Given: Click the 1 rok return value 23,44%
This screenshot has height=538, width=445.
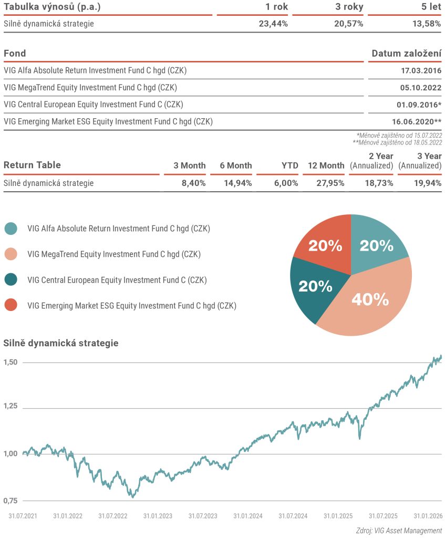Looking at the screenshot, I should (x=273, y=24).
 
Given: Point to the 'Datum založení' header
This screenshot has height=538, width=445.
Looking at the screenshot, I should (x=406, y=53).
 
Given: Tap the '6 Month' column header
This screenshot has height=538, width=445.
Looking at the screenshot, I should (x=236, y=165).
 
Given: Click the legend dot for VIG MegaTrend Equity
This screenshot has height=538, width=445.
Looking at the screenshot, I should (x=11, y=254).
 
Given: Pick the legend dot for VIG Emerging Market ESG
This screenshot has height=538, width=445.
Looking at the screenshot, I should (x=11, y=305).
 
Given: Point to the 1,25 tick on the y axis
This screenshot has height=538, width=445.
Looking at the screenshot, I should (x=11, y=406).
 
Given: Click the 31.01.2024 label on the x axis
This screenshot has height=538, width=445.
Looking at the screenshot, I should (x=248, y=516).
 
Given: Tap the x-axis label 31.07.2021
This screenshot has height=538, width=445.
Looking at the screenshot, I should (x=23, y=516).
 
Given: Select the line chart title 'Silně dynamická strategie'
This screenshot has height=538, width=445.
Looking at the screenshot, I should (x=61, y=343).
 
